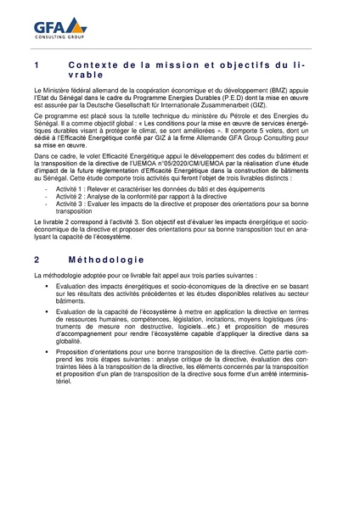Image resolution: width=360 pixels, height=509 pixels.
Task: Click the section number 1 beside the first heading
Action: (35, 65)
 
